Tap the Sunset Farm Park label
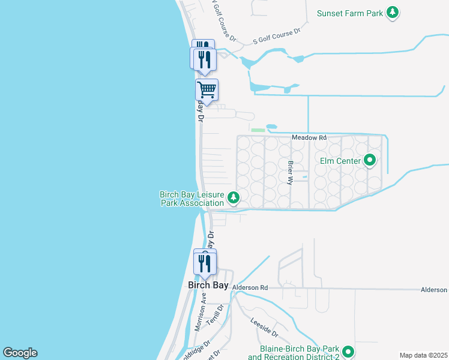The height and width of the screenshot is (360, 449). tap(349, 13)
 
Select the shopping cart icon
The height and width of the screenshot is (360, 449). tap(206, 90)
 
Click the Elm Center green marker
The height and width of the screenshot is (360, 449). tap(370, 160)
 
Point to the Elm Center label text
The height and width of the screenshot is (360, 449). tap(340, 161)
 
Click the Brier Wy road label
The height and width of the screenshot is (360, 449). tap(291, 172)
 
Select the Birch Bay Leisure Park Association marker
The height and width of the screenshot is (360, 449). tap(234, 197)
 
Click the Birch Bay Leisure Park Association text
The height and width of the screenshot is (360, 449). tap(191, 199)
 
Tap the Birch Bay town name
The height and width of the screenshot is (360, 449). tap(208, 286)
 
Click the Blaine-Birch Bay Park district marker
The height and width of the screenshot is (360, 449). tap(348, 352)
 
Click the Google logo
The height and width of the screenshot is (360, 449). tap(20, 353)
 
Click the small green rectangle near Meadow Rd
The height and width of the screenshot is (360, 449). tap(258, 130)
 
